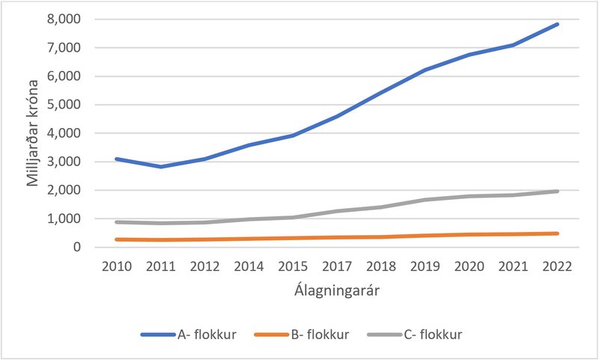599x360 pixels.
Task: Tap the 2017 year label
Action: [x=337, y=266]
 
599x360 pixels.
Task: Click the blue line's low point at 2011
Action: [x=159, y=166]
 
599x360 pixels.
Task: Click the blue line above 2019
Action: [x=425, y=70]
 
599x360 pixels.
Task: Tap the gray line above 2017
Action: [x=337, y=211]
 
